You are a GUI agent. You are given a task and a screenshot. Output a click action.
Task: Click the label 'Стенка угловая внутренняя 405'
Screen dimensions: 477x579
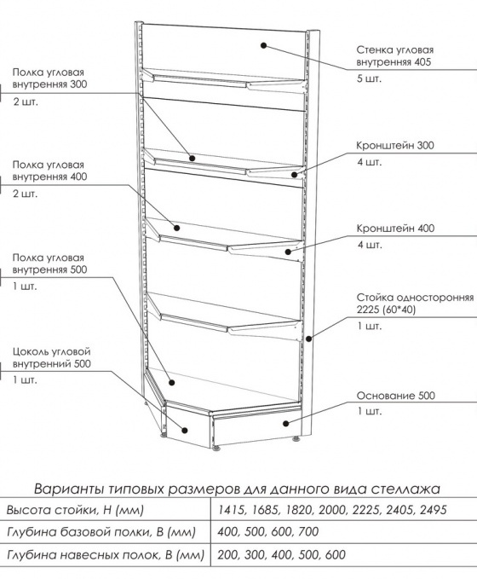[394, 55]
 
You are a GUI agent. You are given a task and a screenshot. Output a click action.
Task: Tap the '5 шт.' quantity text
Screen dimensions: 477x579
[369, 78]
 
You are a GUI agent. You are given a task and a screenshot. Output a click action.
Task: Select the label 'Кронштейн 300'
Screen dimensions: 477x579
[395, 145]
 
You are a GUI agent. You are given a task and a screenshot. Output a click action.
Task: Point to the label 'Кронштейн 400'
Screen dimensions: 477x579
[395, 229]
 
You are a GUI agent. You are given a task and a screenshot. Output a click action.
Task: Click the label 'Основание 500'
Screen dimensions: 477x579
[396, 396]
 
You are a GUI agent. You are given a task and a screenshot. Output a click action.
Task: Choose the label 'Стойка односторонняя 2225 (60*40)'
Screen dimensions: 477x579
[415, 304]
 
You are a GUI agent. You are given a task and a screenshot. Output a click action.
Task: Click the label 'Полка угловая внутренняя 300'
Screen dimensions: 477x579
[49, 78]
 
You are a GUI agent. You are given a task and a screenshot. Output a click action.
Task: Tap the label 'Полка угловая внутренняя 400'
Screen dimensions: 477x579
[49, 171]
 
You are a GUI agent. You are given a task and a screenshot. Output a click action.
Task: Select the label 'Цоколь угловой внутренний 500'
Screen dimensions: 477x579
[52, 357]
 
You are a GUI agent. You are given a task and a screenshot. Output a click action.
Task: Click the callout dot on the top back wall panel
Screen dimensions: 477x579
[263, 45]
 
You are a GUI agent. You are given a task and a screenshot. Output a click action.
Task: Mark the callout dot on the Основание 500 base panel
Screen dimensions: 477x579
[285, 423]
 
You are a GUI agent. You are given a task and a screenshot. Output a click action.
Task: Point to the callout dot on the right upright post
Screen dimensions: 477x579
[309, 338]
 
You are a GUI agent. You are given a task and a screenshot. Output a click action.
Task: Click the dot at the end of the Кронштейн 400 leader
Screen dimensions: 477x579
[288, 252]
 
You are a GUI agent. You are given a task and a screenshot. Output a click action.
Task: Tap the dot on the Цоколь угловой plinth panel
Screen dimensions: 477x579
[185, 430]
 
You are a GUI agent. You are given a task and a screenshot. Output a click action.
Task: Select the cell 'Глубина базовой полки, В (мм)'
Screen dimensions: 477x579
[101, 532]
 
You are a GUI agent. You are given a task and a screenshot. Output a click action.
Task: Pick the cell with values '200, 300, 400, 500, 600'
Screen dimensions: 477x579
[281, 554]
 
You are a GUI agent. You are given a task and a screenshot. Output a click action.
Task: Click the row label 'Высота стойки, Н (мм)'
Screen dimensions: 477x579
[75, 510]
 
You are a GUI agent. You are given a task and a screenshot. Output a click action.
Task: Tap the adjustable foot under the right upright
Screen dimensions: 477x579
[296, 439]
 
